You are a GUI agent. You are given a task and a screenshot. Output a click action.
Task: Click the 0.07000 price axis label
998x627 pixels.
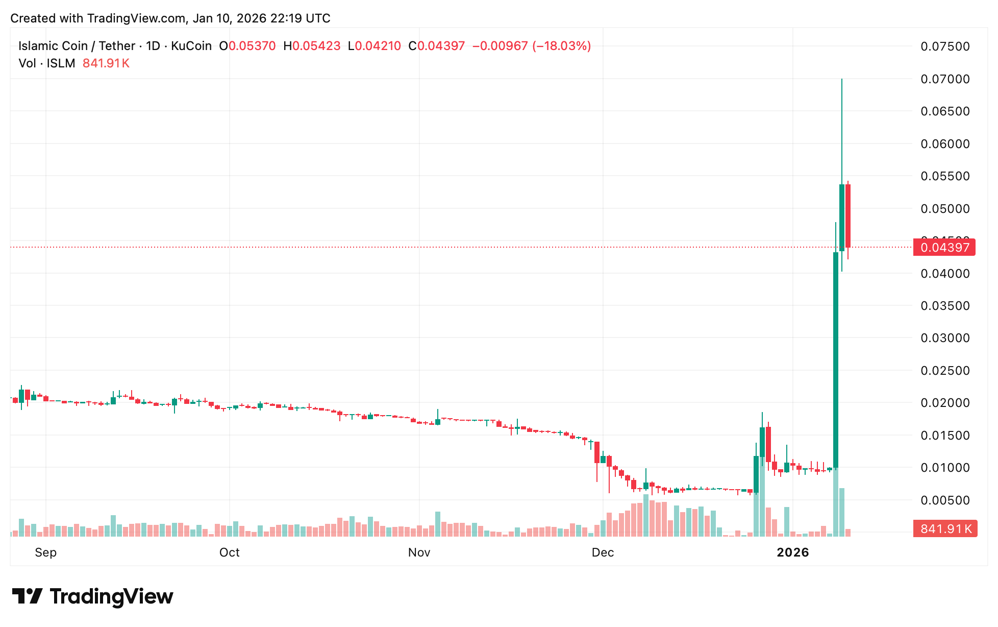point(944,79)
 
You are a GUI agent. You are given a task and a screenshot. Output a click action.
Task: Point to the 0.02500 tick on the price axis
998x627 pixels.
point(944,371)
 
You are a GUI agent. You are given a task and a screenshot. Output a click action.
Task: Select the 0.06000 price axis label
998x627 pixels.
point(944,144)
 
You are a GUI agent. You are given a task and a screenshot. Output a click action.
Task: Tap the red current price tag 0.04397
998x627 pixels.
point(944,248)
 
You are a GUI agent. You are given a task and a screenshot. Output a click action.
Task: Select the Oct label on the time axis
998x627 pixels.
point(229,552)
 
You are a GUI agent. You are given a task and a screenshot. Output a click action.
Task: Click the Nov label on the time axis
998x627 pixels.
point(419,552)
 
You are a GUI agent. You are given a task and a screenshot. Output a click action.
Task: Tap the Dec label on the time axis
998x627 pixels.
point(603,552)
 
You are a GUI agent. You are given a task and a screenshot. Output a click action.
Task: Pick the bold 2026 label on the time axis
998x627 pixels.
point(792,552)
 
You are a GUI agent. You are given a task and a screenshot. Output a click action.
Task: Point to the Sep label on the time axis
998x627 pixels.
point(45,552)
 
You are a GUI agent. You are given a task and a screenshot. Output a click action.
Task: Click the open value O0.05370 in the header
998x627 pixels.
point(247,46)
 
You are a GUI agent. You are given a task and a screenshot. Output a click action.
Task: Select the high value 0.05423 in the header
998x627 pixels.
point(316,46)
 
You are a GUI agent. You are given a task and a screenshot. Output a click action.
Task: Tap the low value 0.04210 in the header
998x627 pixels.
point(378,46)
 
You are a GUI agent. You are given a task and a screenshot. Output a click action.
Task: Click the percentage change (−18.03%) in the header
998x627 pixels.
point(561,46)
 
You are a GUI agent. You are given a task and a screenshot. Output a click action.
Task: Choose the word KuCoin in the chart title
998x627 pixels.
point(191,46)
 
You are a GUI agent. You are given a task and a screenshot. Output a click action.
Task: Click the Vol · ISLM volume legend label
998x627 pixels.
point(47,63)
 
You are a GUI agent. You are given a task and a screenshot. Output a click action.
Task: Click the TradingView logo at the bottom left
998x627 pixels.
point(92,596)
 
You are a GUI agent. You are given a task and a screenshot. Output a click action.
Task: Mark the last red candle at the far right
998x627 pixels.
point(848,215)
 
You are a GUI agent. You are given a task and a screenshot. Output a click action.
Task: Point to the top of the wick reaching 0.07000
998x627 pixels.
point(842,80)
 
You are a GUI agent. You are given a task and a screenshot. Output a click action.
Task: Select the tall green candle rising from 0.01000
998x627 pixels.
point(836,357)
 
